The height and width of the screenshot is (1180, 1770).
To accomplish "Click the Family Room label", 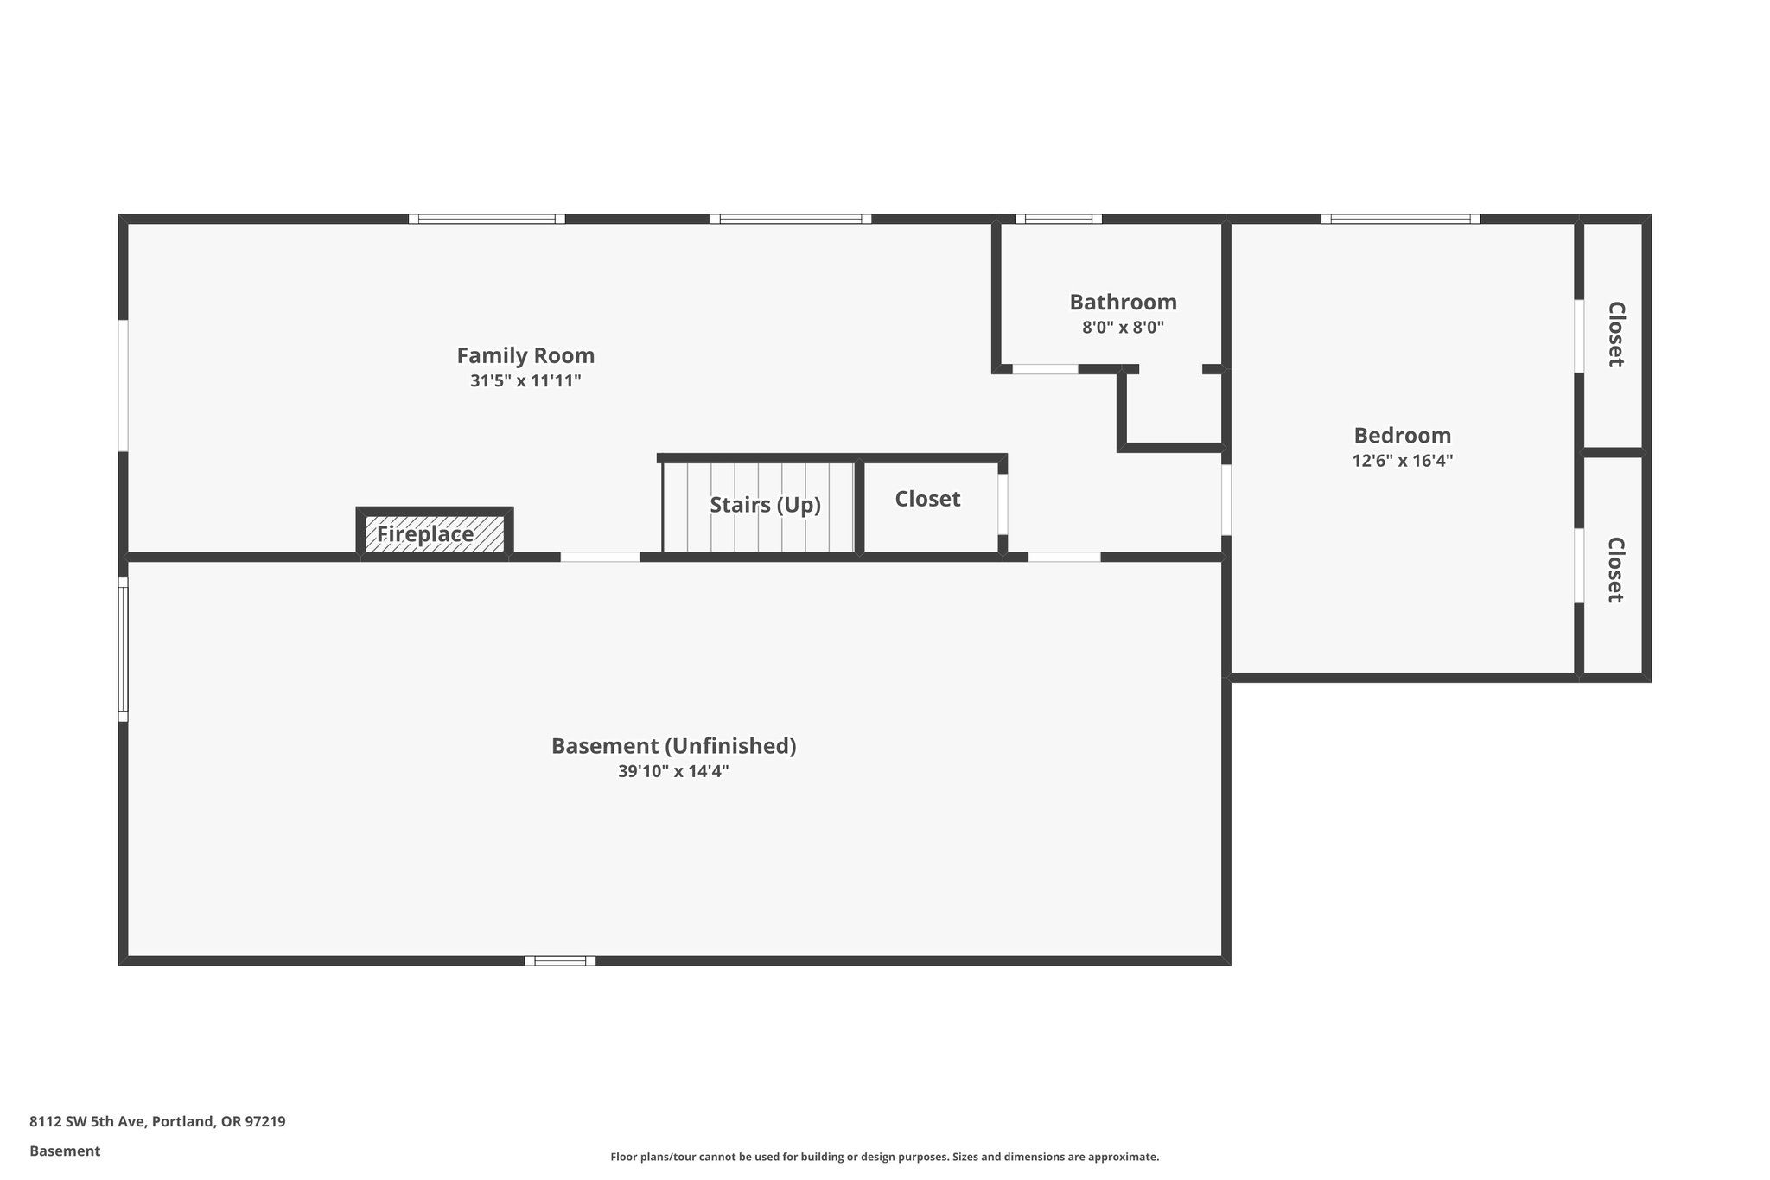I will (525, 355).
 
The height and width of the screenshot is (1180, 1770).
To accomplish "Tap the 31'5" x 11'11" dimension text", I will (525, 380).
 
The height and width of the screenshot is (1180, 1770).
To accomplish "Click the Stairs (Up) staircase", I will (759, 506).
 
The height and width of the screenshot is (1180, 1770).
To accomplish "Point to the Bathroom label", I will (1123, 303).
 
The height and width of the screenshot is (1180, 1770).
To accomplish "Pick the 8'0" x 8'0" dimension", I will (1123, 328).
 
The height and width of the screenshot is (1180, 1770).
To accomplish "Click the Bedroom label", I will (1402, 436).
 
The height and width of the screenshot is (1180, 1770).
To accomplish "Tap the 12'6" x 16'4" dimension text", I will (1402, 461).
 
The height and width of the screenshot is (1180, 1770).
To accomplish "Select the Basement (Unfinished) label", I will (673, 746).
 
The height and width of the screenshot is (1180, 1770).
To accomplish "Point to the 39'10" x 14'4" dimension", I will (673, 771).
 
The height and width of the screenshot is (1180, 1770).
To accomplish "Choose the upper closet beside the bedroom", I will (1614, 335).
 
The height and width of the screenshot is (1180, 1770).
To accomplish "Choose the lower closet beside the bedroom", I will (1614, 570).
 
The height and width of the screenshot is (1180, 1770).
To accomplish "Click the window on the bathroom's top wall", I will (1058, 219).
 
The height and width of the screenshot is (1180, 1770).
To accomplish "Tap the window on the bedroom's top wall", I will (1400, 219).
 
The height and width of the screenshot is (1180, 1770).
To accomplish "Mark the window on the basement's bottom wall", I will (560, 960).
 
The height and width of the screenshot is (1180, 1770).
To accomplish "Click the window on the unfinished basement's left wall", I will (123, 649).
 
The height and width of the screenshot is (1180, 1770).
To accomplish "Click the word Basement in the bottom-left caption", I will (65, 1151).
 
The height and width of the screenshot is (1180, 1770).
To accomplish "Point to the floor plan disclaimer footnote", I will (884, 1157).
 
